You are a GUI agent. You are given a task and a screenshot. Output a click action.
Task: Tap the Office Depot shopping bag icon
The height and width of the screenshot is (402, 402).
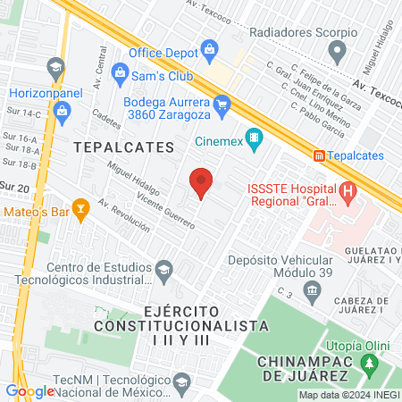pos(209,47)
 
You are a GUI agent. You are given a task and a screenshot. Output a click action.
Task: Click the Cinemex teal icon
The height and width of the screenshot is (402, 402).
pos(255,138)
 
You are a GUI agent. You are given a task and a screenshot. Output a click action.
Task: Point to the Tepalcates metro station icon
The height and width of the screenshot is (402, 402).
pos(319,155)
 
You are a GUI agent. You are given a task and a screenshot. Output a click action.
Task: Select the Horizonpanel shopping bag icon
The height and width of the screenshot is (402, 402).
pos(61,111)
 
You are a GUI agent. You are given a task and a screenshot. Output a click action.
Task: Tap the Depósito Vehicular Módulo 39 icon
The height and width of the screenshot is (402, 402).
pos(312,289)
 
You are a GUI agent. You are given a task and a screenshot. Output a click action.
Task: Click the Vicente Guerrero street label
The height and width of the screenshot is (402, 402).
pos(166,213)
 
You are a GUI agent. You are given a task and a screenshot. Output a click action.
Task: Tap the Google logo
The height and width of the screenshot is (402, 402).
pos(29,390)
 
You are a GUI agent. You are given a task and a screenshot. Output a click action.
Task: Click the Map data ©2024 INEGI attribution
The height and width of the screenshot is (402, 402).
pos(348,395)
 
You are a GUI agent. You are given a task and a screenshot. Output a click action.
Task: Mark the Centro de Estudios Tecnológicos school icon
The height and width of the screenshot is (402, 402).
pos(164,269)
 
